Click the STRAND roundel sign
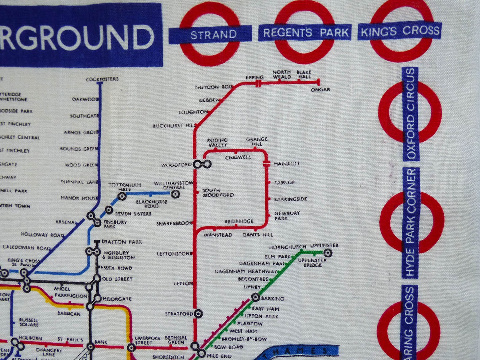pyautogui.click(x=210, y=34)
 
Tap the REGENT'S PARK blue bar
pyautogui.click(x=306, y=33)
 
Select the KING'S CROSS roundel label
pyautogui.click(x=400, y=31)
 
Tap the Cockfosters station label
pyautogui.click(x=102, y=79)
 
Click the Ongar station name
pyautogui.click(x=320, y=90)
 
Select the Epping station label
pyautogui.click(x=254, y=77)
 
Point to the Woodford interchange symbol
pyautogui.click(x=202, y=165)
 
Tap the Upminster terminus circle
pyautogui.click(x=328, y=253)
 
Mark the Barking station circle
pyautogui.click(x=255, y=297)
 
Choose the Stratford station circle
pyautogui.click(x=198, y=314)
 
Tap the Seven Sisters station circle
pyautogui.click(x=108, y=210)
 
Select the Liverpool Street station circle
pyautogui.click(x=131, y=347)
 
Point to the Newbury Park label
pyautogui.click(x=283, y=215)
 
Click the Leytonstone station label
pyautogui.click(x=175, y=254)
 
